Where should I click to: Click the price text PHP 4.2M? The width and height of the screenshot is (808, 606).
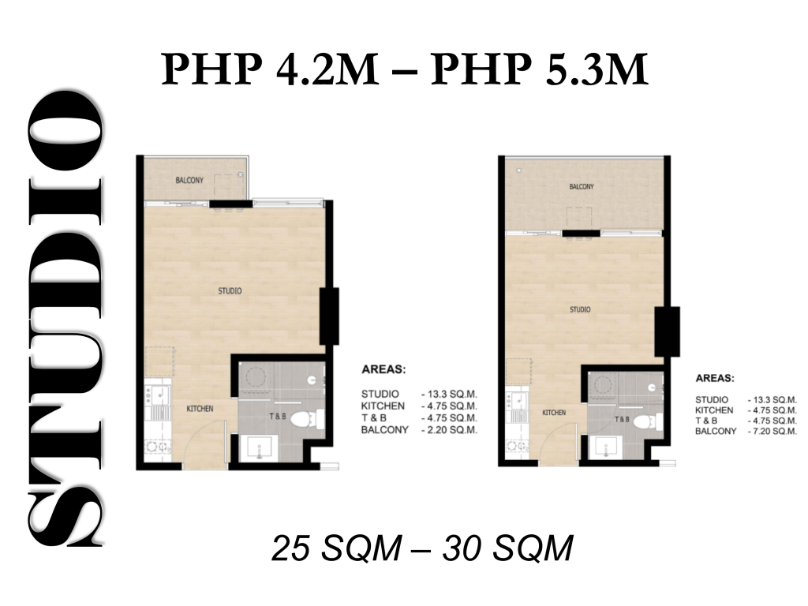coord(270,69)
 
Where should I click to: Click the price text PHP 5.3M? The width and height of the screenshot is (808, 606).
coord(540,69)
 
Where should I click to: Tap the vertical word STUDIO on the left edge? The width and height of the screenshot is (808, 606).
coord(65,318)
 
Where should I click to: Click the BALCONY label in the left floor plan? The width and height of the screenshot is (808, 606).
coord(189,181)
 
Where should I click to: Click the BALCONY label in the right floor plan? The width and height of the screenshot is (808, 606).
coord(582,186)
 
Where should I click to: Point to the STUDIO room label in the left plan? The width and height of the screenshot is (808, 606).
coord(230,291)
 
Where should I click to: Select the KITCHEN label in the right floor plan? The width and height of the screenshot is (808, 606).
coord(554,413)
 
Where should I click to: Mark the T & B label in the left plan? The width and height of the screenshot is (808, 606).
coord(277,416)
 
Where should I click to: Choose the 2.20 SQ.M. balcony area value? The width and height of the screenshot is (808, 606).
coord(449,430)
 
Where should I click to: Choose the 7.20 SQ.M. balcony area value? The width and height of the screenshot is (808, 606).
coord(772,432)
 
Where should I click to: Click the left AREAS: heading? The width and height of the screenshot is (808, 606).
coord(383,369)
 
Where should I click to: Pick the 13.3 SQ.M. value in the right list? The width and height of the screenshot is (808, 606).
coord(772,400)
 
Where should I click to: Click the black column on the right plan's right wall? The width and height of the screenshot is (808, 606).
coord(668,331)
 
